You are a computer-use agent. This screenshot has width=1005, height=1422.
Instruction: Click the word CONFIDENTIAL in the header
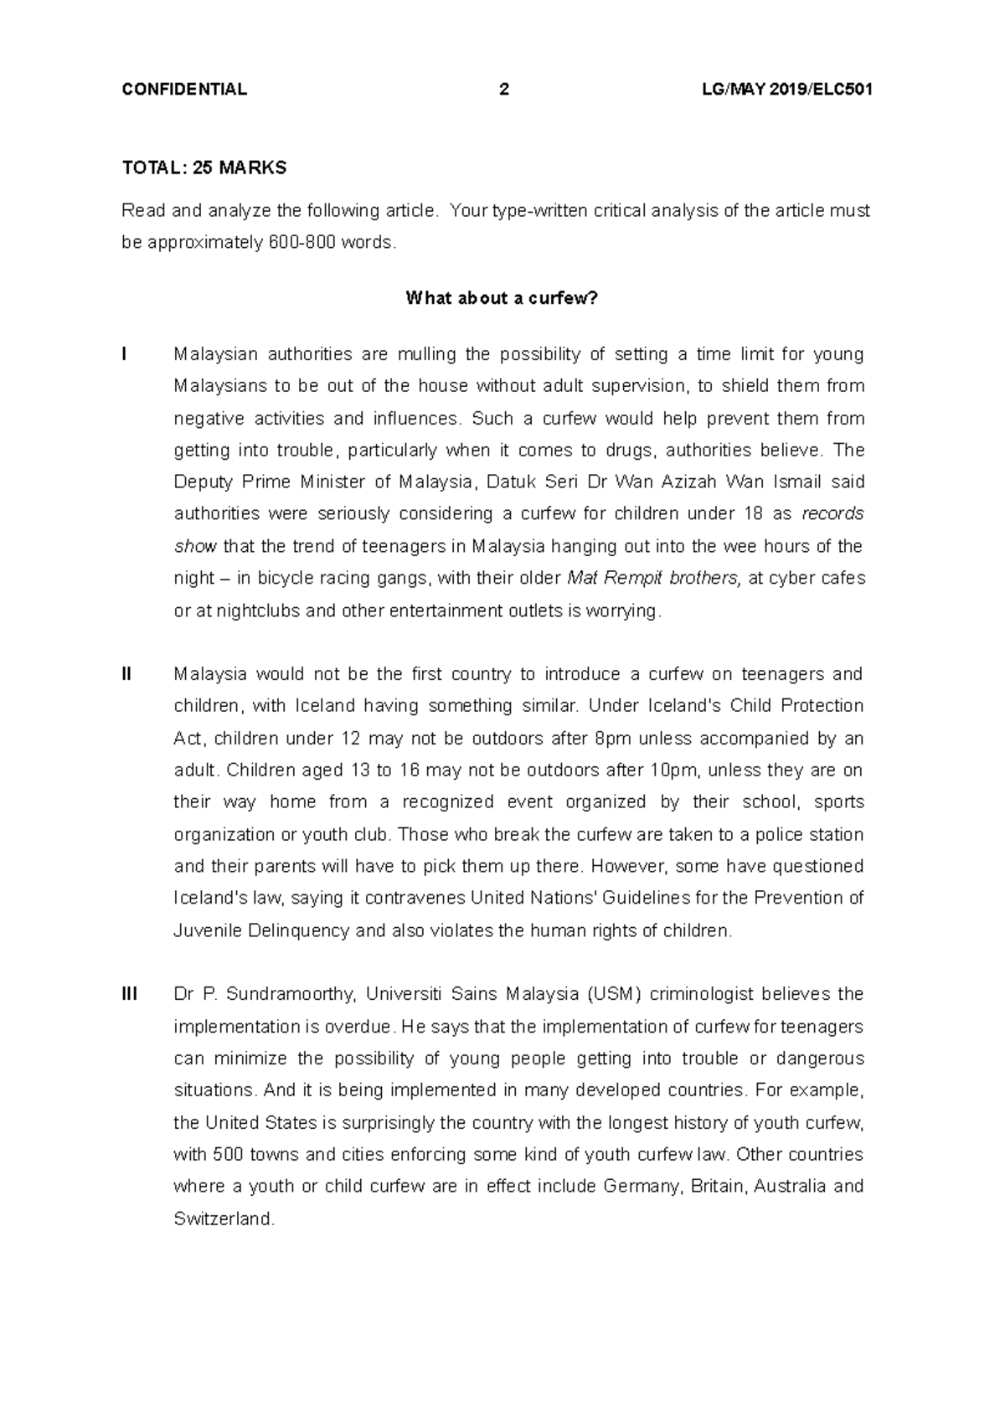[x=184, y=90]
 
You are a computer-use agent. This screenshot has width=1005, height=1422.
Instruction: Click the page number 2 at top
[x=503, y=90]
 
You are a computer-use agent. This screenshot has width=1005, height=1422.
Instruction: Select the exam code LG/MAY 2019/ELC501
[x=787, y=90]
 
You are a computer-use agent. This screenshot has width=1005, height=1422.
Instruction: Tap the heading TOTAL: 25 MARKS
[x=204, y=168]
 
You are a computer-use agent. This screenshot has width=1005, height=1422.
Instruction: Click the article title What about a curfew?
[x=502, y=298]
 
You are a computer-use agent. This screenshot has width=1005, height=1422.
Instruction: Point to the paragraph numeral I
[x=124, y=354]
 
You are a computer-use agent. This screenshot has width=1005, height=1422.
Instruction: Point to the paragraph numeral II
[x=126, y=674]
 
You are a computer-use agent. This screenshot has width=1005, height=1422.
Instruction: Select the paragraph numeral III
[x=129, y=994]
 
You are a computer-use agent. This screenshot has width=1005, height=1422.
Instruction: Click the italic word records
[x=832, y=513]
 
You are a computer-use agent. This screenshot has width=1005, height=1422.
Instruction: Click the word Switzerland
[x=223, y=1218]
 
